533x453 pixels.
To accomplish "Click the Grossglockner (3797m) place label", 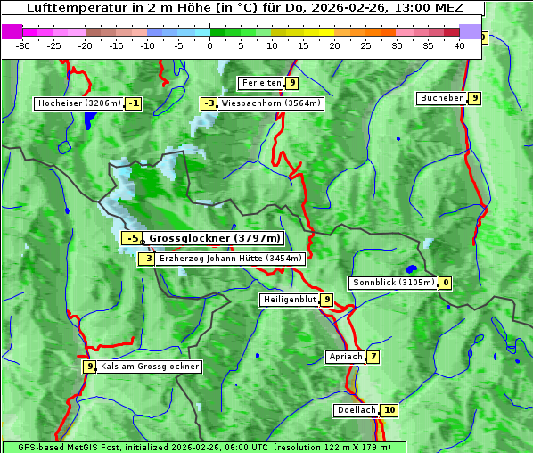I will point(214,238).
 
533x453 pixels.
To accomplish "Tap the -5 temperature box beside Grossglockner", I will point(132,238).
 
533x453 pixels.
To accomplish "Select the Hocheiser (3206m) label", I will point(78,103).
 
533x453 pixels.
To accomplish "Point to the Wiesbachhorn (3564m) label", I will point(271,103).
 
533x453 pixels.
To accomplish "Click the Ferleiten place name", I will point(262,83).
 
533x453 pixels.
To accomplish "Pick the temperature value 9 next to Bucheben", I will point(475,98).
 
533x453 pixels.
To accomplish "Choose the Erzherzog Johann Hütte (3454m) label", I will point(231,259).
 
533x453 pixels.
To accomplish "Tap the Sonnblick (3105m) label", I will point(393,283).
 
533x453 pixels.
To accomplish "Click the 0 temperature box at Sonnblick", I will point(446,283).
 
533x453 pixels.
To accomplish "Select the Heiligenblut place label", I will point(289,300).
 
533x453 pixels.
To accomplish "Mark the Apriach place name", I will point(346,357).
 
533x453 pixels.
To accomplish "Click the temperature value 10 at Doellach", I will point(389,410).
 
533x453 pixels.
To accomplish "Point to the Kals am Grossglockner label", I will point(150,367).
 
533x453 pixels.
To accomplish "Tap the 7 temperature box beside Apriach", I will point(373,357).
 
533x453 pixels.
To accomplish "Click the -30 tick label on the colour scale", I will point(23,45).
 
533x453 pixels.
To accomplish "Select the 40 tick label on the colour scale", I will point(459,45).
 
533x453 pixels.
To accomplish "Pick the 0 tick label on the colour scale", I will point(209,45).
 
